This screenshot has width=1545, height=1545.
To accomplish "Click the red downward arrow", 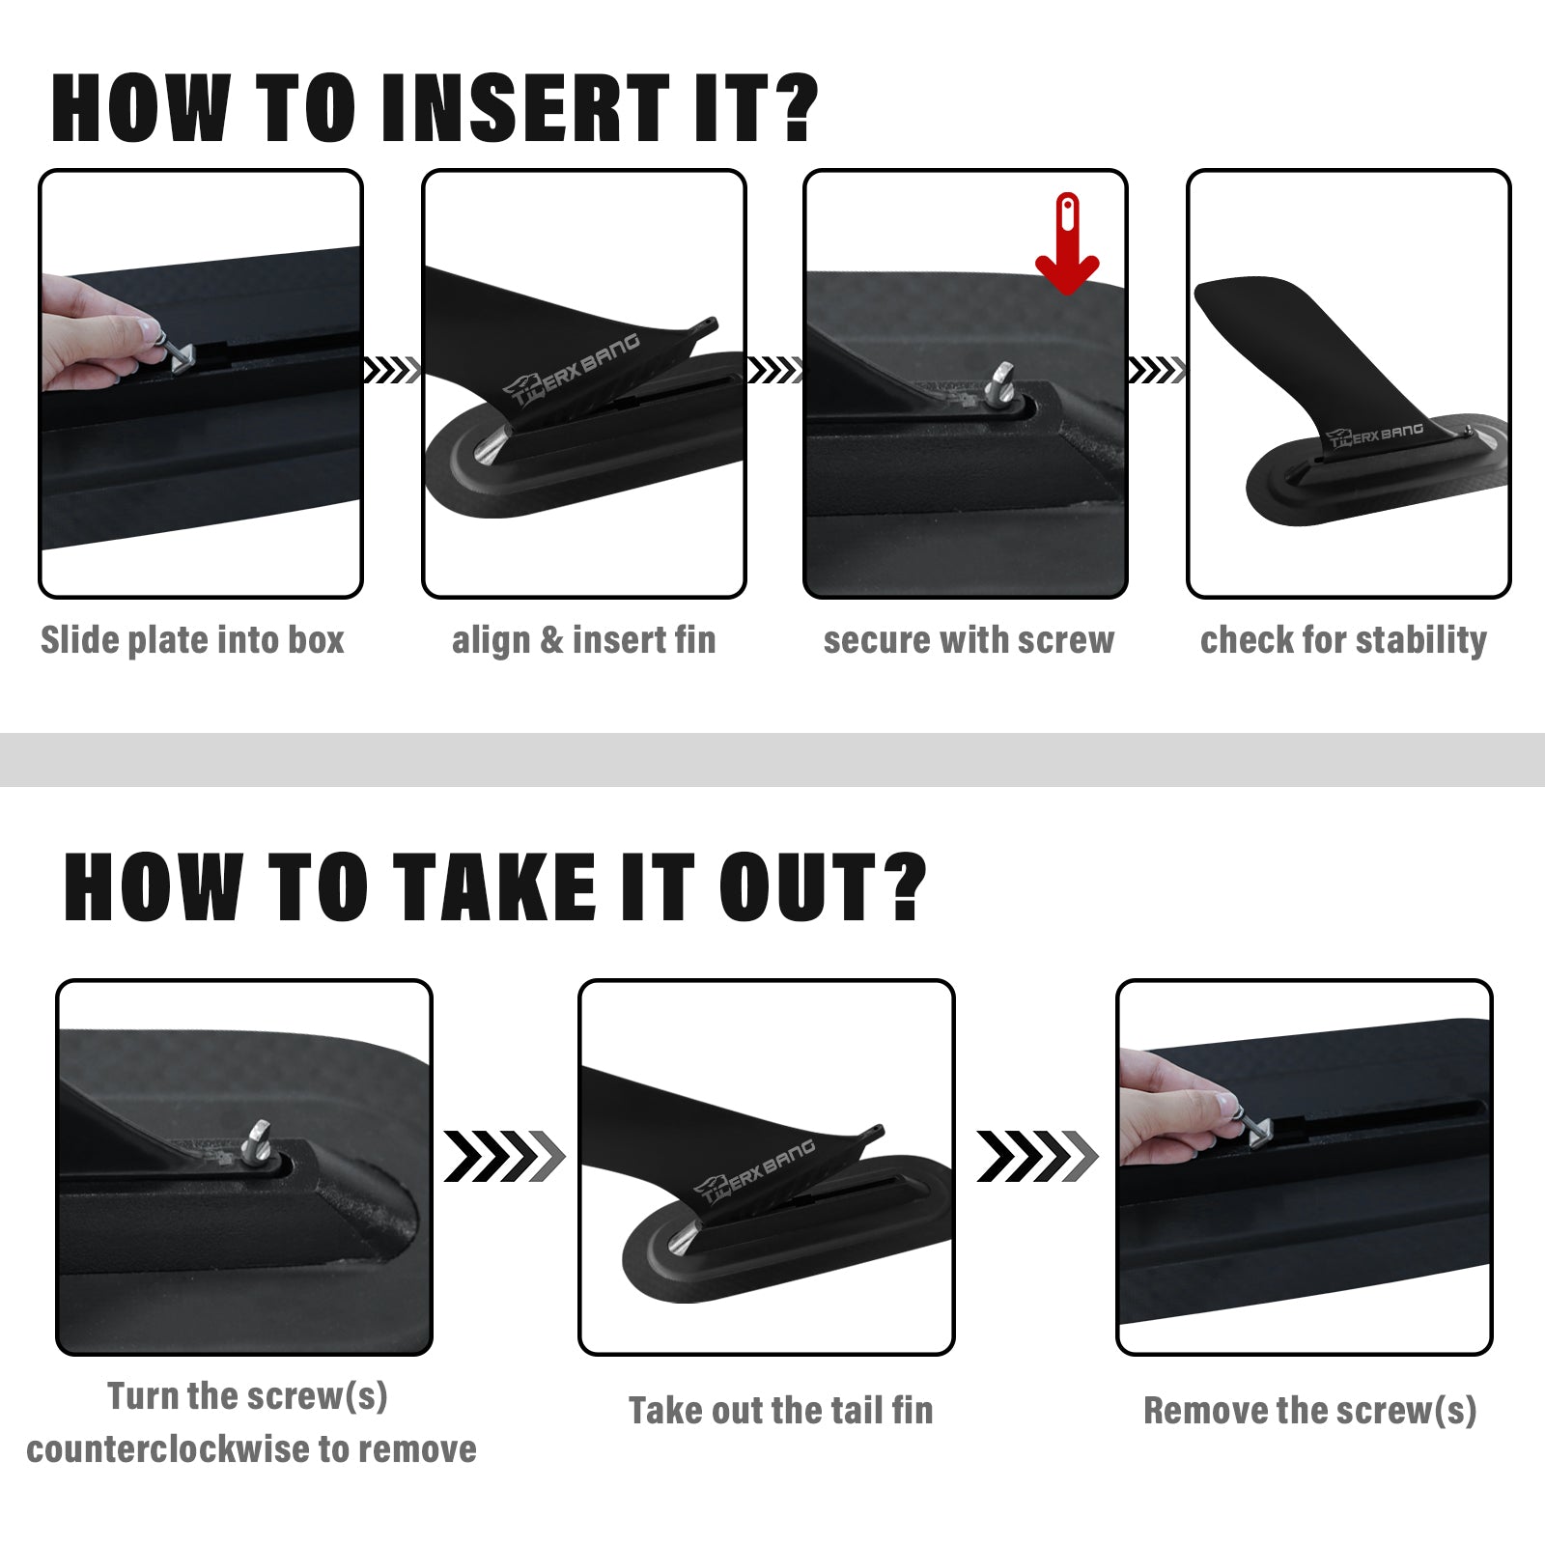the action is point(1067,246).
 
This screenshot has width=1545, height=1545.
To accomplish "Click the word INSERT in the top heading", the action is point(525,108).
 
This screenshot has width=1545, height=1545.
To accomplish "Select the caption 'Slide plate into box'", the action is point(192,640).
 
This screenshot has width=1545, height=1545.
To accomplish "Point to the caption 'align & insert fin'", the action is point(584,640).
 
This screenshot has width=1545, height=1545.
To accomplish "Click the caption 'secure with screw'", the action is point(969,640).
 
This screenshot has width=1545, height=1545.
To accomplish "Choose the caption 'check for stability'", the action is point(1343,640).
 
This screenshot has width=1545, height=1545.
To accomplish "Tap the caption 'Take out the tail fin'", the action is point(781,1411).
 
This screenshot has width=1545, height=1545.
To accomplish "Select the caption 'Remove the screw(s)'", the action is point(1310,1411).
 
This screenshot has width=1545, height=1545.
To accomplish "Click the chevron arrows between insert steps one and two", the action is point(392,370).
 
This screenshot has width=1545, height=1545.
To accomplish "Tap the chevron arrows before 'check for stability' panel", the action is point(1157,370).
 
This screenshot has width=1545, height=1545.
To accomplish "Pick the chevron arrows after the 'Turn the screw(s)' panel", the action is point(504,1156).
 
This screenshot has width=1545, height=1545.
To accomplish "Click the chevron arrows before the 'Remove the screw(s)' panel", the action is point(1037,1156).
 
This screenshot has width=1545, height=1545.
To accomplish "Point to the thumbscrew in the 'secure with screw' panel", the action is point(1000,383).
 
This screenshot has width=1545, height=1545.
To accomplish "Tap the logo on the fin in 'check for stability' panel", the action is point(1375,435).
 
